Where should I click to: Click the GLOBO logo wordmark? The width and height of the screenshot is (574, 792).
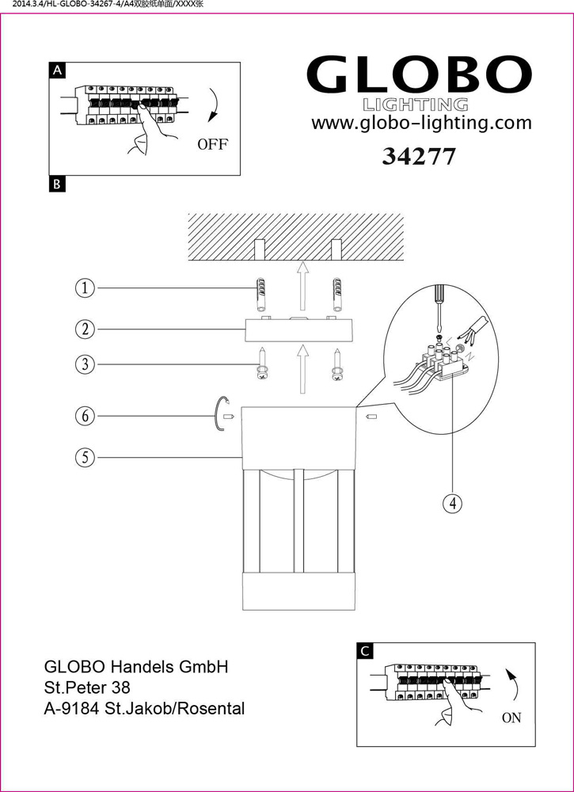pyautogui.click(x=418, y=76)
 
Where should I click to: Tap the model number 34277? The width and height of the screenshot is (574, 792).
pyautogui.click(x=418, y=156)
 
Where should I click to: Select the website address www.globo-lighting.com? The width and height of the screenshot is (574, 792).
pyautogui.click(x=421, y=123)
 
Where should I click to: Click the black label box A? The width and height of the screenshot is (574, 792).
pyautogui.click(x=57, y=70)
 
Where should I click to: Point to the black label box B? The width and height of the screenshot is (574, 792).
pyautogui.click(x=57, y=185)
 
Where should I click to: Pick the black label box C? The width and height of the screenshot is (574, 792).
pyautogui.click(x=364, y=651)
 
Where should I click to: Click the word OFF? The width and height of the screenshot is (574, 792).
pyautogui.click(x=212, y=144)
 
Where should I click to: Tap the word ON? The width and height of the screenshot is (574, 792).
pyautogui.click(x=511, y=718)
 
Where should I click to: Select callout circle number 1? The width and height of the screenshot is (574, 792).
pyautogui.click(x=85, y=287)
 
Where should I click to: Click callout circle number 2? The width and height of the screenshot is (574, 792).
pyautogui.click(x=85, y=328)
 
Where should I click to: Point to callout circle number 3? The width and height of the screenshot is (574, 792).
pyautogui.click(x=85, y=364)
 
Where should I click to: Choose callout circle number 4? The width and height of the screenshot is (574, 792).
pyautogui.click(x=451, y=502)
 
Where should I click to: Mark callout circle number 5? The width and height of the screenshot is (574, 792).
pyautogui.click(x=85, y=457)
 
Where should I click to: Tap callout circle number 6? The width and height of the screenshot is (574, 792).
pyautogui.click(x=85, y=415)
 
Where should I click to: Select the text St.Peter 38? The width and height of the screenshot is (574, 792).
pyautogui.click(x=87, y=687)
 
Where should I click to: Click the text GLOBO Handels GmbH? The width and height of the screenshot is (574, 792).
pyautogui.click(x=136, y=667)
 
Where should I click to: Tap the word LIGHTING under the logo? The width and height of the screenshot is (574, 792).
pyautogui.click(x=415, y=105)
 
